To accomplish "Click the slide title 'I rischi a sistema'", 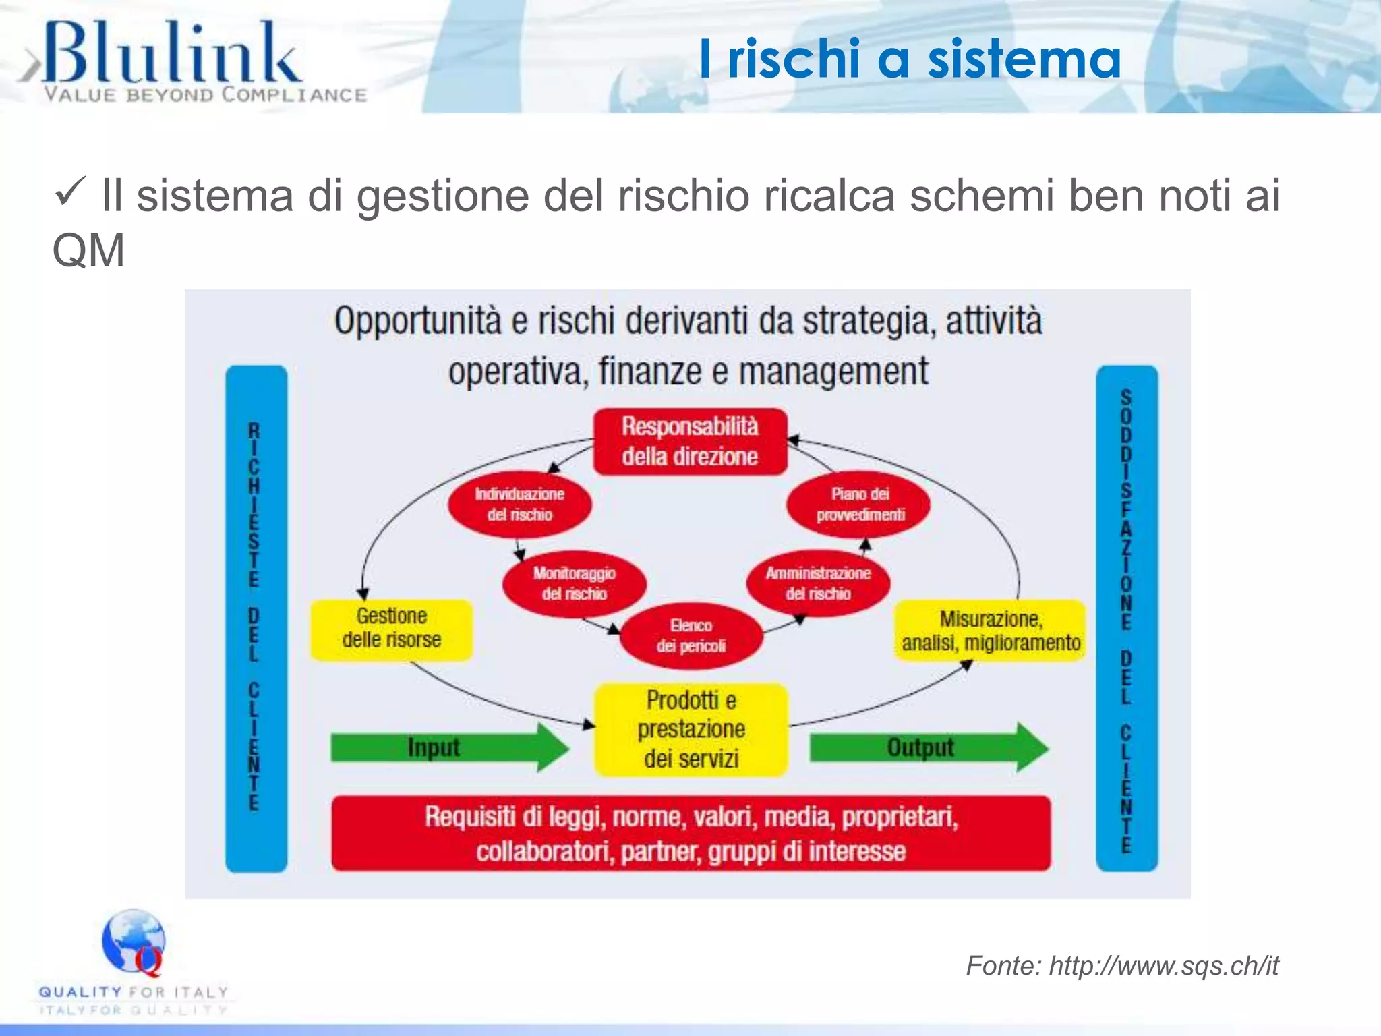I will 910,59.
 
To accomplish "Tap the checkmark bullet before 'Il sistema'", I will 70,192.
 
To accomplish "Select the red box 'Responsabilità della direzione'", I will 690,442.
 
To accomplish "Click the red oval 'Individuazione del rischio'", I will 519,504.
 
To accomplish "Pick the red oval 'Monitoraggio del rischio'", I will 574,583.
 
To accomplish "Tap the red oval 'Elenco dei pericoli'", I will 690,635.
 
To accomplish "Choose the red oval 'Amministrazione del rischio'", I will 817,583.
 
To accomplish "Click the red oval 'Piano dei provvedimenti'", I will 859,504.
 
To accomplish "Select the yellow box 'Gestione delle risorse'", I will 391,629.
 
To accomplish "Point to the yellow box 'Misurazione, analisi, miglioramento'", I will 990,631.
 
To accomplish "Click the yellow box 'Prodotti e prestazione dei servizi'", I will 690,730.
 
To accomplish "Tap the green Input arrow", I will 448,747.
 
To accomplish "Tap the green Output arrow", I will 927,747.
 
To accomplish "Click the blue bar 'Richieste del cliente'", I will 256,618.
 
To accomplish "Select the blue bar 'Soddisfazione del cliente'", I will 1126,618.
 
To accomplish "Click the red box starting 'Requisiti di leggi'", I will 690,834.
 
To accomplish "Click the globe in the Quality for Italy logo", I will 133,940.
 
